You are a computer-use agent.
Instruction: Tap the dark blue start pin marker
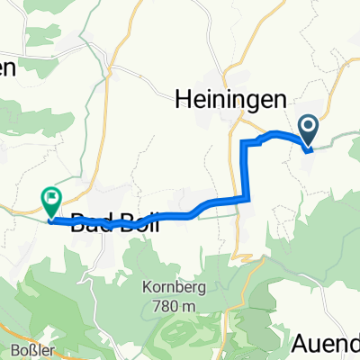point(308,131)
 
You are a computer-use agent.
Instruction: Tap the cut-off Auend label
point(326,343)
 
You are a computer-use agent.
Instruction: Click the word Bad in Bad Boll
point(89,220)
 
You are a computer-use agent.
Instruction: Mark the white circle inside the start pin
point(308,128)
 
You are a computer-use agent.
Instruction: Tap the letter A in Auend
point(301,343)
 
